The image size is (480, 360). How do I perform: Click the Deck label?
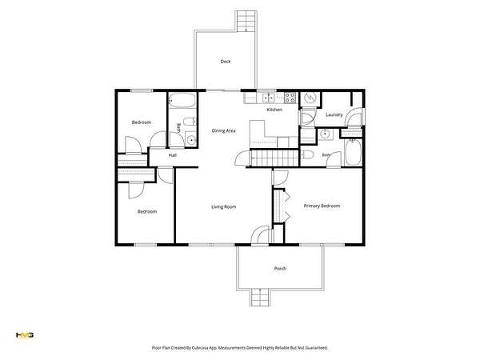click(226, 62)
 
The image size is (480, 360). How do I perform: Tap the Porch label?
click(280, 269)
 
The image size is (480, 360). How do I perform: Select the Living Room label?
click(223, 207)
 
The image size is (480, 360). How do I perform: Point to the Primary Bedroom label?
click(322, 206)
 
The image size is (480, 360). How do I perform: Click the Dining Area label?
click(223, 130)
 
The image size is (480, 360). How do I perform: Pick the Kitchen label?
click(274, 110)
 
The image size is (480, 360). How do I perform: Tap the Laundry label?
click(334, 114)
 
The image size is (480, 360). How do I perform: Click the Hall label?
click(172, 155)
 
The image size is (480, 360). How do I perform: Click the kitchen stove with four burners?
click(290, 98)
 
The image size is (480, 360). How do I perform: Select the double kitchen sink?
click(269, 98)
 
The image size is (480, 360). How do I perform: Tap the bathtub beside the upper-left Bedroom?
click(182, 101)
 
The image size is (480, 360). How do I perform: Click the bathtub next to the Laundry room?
click(354, 152)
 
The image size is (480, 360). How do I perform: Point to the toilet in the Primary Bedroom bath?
click(307, 155)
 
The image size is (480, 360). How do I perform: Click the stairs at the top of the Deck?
click(246, 21)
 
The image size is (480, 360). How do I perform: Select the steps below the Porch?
click(260, 298)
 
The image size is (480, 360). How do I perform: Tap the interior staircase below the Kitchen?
click(274, 158)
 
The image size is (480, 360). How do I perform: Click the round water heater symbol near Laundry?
click(310, 98)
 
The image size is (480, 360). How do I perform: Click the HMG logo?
click(25, 335)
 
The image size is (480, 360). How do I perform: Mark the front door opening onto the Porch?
click(259, 236)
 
